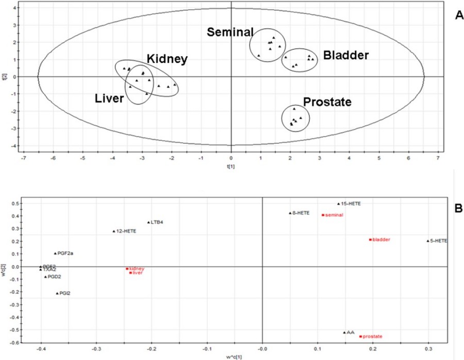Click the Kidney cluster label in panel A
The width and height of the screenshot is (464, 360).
point(167,59)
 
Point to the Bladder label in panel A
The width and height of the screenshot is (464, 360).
point(346,55)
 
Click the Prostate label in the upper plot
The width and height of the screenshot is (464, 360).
point(327,102)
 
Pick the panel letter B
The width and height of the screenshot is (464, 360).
point(457,210)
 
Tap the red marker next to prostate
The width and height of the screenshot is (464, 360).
point(360,336)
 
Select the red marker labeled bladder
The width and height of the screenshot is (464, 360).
point(370,239)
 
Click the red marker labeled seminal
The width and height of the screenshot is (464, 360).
point(323,215)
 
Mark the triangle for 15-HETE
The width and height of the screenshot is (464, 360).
point(339,203)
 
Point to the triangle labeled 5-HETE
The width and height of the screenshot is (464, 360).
point(428,241)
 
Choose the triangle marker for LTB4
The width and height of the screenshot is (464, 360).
point(148,222)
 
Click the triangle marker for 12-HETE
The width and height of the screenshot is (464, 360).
point(114,231)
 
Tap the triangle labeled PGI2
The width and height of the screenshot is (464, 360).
point(57,294)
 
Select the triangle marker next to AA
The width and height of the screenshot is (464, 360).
point(344,333)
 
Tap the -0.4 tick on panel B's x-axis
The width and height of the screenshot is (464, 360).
point(40,349)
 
